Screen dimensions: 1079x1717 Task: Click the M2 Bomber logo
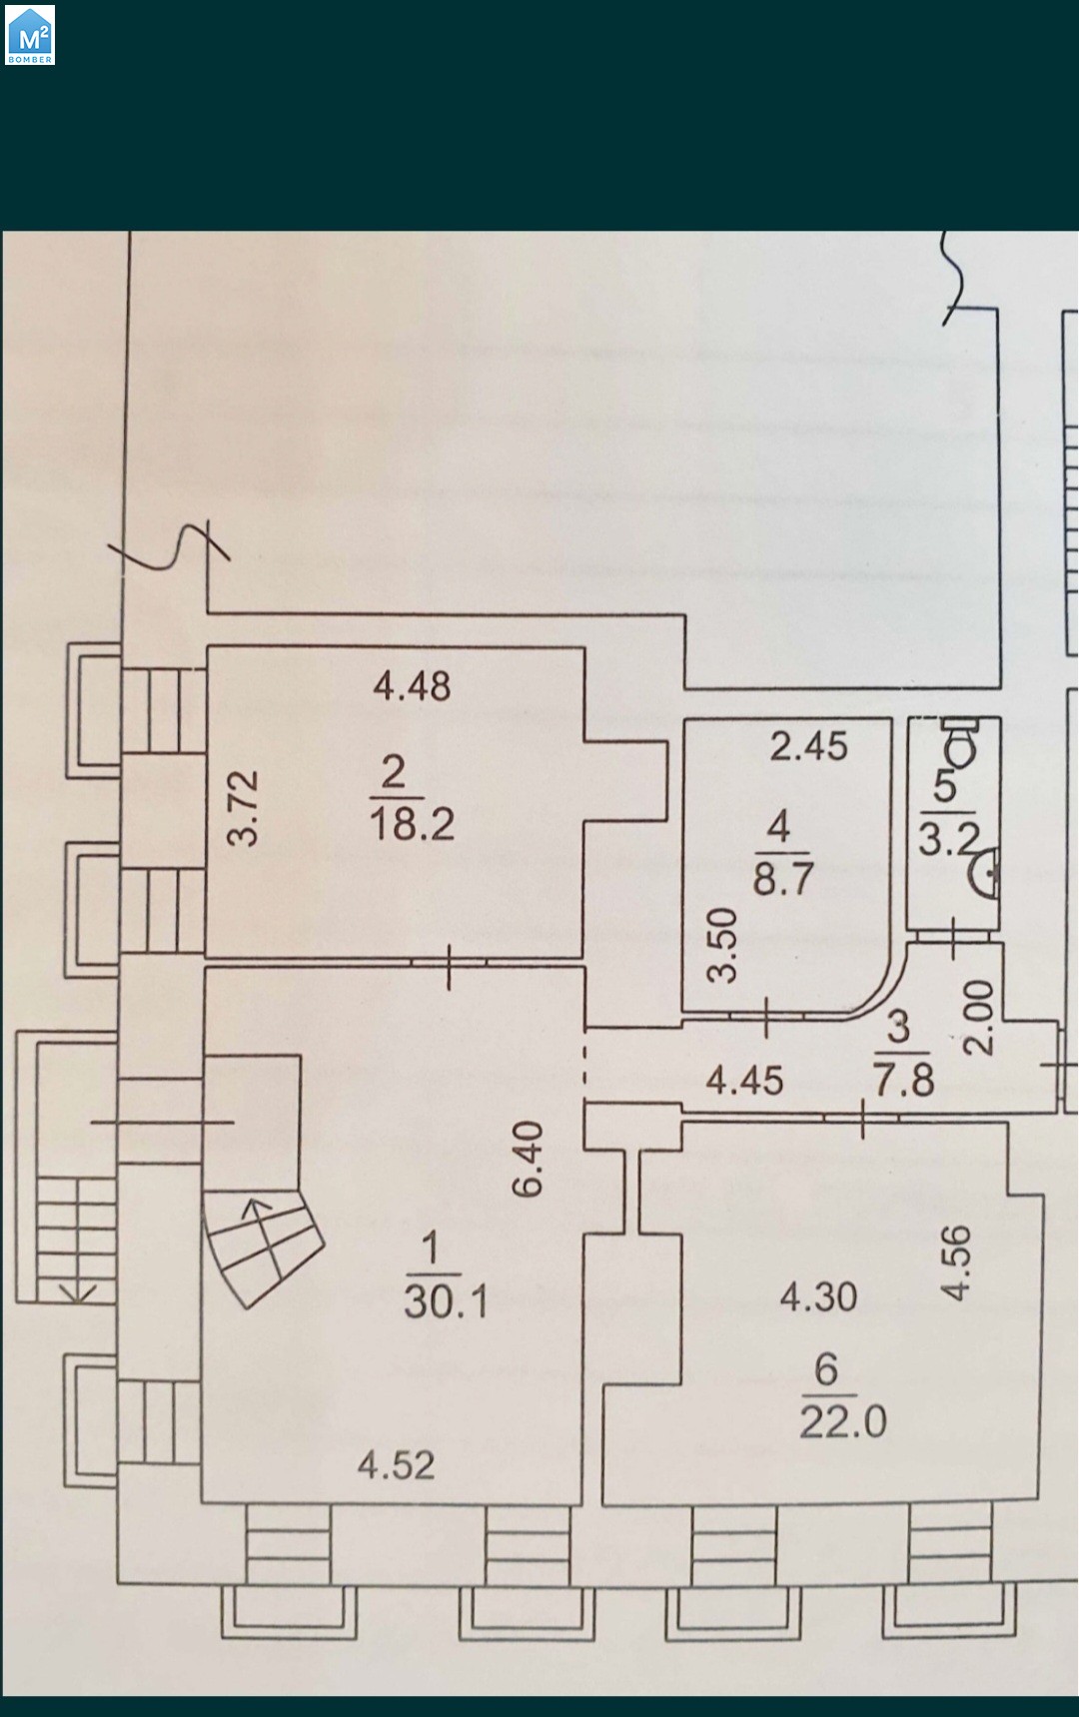tap(30, 36)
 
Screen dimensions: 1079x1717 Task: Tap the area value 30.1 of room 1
tap(446, 1301)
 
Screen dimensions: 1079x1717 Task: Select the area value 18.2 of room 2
tap(412, 823)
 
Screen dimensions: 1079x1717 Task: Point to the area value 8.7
tap(782, 878)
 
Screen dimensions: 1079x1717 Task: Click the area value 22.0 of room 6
tap(842, 1420)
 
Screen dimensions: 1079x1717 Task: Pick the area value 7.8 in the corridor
tap(903, 1080)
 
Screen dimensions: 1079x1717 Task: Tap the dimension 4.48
tap(412, 686)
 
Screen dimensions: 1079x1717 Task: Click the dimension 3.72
tap(243, 808)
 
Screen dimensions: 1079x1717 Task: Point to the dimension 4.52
tap(397, 1465)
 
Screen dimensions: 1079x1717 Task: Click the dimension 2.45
tap(808, 746)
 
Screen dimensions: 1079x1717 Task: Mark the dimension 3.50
tap(721, 945)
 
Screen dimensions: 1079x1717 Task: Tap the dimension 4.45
tap(744, 1080)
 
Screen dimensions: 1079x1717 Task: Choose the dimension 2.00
tap(979, 1017)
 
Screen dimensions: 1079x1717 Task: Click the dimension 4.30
tap(818, 1296)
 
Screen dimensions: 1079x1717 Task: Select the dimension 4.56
tap(956, 1263)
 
